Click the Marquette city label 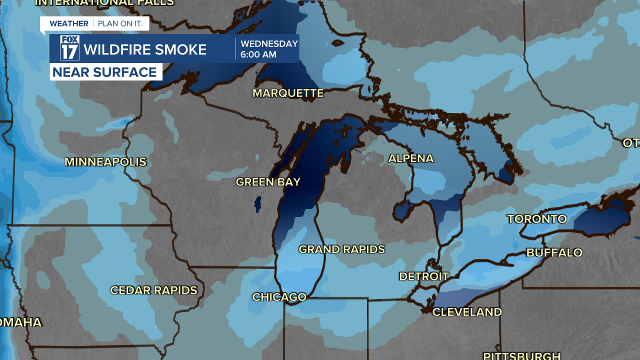(x=288, y=93)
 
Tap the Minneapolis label (x=105, y=162)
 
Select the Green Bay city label (x=268, y=182)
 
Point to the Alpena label (x=410, y=158)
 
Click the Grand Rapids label (x=341, y=249)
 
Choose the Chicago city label (x=279, y=297)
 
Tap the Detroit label (x=423, y=276)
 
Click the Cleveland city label (x=467, y=312)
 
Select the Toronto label (x=536, y=219)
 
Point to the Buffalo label (x=554, y=252)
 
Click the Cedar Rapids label (x=153, y=290)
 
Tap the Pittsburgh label (x=521, y=355)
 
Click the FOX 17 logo (x=70, y=48)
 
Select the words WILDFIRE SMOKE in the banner (x=145, y=49)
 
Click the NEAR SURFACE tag (x=105, y=72)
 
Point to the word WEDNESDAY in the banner (x=269, y=44)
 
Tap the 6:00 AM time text (x=258, y=55)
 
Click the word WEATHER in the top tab (x=69, y=23)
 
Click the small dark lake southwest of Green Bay (x=258, y=204)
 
